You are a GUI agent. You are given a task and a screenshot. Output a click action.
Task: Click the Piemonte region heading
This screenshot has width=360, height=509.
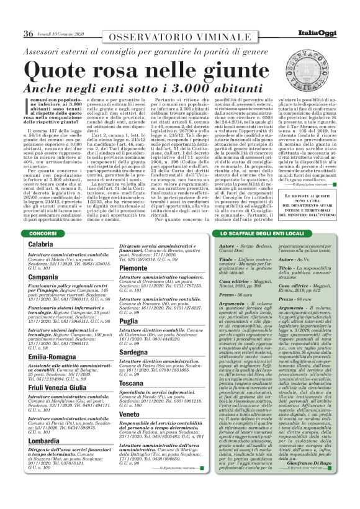tap(133, 268)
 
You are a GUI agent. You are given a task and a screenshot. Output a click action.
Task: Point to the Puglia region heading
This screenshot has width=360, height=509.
tap(128, 322)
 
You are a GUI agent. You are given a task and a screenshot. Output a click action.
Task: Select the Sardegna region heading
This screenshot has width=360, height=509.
tap(132, 353)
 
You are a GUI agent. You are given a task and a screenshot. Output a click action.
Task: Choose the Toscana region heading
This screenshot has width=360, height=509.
tap(132, 384)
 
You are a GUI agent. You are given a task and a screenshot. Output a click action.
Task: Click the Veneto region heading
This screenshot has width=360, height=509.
tap(130, 414)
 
